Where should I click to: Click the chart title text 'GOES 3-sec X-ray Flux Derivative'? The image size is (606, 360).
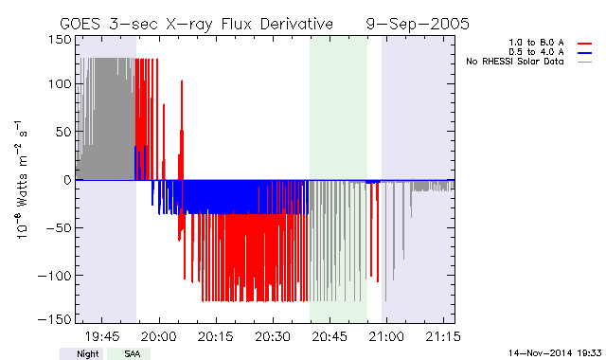[196, 24]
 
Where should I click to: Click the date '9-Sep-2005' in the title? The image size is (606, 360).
[418, 24]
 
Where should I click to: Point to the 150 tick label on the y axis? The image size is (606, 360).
[60, 40]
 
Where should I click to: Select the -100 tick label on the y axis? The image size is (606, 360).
[55, 276]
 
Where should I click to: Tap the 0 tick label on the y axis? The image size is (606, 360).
[67, 180]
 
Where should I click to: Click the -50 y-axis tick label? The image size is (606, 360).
[59, 227]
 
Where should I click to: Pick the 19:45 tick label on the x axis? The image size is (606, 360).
[102, 336]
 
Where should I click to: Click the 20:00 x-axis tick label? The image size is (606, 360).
[159, 336]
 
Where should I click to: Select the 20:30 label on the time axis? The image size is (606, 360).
[273, 336]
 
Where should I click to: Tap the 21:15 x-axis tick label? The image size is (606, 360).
[443, 336]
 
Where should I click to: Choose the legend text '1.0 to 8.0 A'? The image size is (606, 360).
[536, 43]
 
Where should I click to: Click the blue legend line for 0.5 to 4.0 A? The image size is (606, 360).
[585, 53]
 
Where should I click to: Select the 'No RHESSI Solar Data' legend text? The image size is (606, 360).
[515, 62]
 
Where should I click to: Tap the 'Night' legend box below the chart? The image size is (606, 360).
[81, 353]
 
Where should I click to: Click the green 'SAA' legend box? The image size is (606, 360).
[129, 353]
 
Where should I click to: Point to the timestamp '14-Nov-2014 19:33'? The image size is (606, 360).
[555, 353]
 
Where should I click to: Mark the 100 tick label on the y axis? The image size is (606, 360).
[60, 84]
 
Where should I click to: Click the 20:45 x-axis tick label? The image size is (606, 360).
[330, 336]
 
